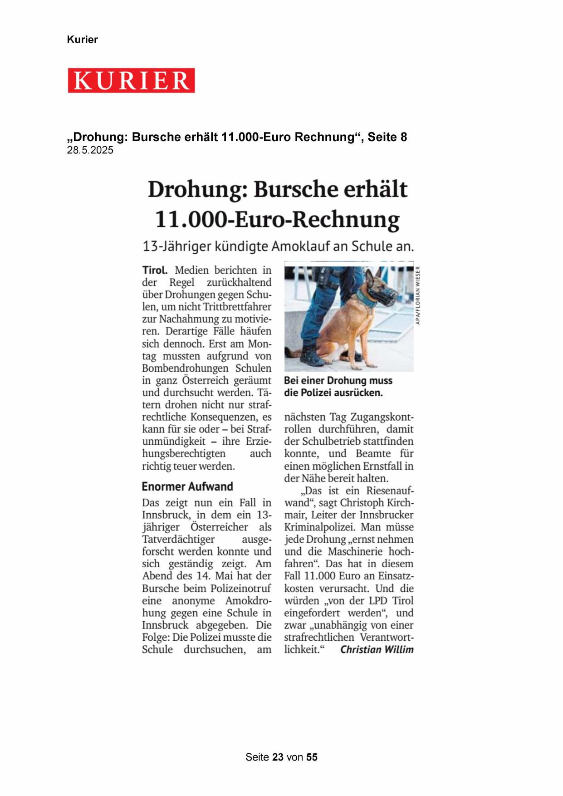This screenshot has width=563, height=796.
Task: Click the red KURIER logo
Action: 131,80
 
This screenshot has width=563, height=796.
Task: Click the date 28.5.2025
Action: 90,150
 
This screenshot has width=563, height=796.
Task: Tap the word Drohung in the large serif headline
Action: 197,189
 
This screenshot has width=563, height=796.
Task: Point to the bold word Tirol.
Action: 155,270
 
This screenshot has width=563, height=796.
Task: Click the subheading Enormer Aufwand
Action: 187,486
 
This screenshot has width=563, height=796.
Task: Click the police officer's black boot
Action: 313,356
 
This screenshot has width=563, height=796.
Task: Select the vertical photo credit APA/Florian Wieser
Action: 418,295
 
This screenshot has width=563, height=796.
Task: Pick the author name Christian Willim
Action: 377,649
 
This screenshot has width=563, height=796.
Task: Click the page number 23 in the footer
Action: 278,757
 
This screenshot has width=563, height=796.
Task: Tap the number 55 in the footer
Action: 312,757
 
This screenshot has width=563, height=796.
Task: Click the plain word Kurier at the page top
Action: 82,39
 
